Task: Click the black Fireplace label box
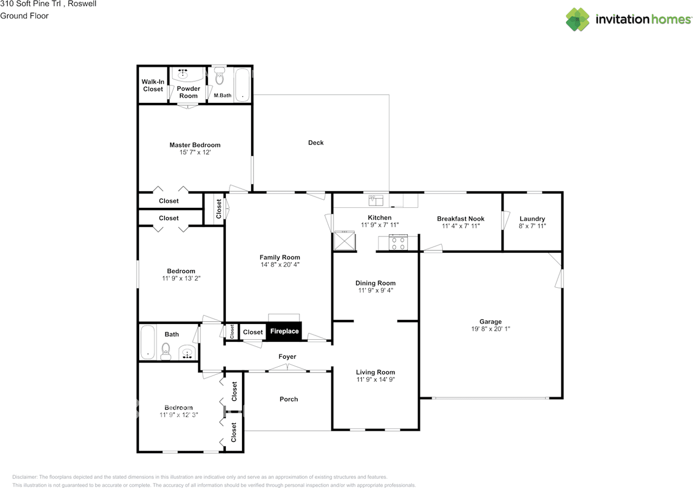point(284,331)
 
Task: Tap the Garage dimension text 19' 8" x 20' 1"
point(490,329)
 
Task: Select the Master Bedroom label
point(195,145)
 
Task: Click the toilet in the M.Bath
point(219,79)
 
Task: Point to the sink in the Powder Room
point(183,73)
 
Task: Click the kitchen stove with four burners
point(399,243)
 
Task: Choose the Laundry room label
point(532,219)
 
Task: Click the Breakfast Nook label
point(461,219)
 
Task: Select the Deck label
point(316,143)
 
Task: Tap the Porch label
point(289,399)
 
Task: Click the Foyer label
point(287,357)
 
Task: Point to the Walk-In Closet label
point(153,85)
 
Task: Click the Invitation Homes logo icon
point(578,19)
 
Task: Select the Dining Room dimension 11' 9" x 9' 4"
point(376,290)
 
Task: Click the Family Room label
point(279,258)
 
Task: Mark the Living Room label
point(375,372)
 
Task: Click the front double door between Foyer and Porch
point(288,368)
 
